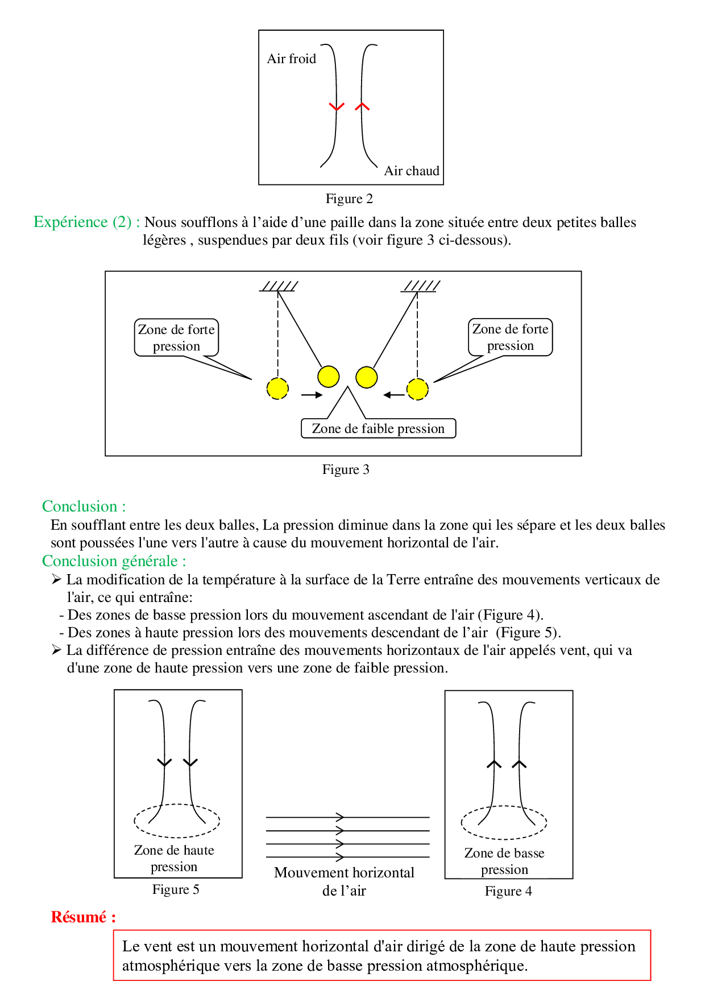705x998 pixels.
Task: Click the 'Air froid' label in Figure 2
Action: (291, 59)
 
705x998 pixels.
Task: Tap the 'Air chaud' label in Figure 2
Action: (412, 171)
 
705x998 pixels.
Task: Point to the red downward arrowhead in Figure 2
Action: (337, 106)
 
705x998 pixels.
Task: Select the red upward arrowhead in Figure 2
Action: (362, 106)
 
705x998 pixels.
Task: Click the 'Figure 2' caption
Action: (349, 199)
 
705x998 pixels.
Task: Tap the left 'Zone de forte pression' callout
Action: (176, 337)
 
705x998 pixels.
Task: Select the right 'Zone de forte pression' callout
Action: (510, 337)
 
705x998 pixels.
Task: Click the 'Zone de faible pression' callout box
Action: (378, 428)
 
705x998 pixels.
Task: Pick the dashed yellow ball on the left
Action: (277, 389)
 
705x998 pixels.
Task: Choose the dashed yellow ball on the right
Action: (417, 389)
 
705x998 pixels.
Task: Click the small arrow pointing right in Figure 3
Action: (312, 395)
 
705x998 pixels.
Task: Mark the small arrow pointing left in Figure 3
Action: (393, 395)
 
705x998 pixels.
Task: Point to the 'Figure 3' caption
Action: (346, 469)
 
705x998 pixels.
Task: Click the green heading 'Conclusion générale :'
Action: (114, 561)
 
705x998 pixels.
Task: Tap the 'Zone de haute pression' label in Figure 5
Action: (174, 858)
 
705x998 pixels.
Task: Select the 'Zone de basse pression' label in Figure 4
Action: (504, 861)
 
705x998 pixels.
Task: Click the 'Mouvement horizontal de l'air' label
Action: (344, 881)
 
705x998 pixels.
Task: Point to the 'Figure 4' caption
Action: (508, 891)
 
